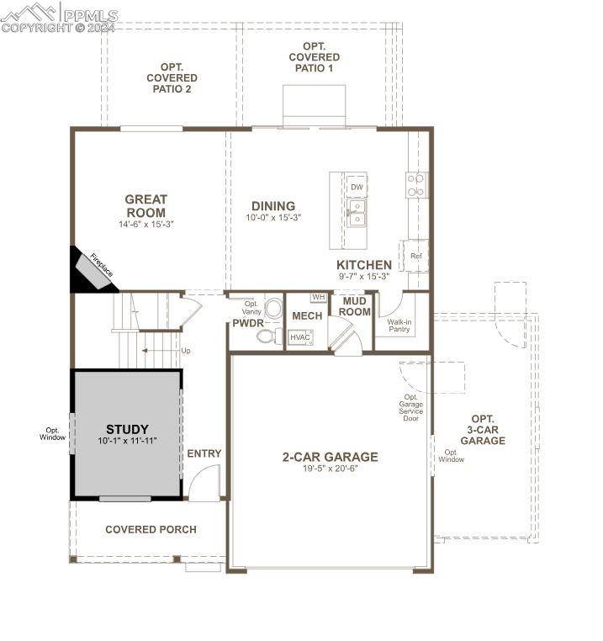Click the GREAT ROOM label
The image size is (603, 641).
[145, 206]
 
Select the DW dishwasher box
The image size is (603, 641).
[357, 187]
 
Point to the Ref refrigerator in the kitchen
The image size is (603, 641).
[415, 256]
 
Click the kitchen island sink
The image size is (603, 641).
[357, 214]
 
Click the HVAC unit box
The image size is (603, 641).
[299, 337]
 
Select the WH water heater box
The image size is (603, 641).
[318, 297]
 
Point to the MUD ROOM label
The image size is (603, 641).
[354, 306]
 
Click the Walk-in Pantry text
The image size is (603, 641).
[399, 325]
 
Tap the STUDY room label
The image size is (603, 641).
[127, 429]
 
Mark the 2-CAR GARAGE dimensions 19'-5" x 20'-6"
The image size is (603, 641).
[330, 469]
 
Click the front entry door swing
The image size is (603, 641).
[203, 485]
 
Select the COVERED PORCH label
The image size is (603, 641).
[151, 529]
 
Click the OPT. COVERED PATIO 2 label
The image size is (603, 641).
[172, 77]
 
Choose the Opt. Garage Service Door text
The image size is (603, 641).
[411, 408]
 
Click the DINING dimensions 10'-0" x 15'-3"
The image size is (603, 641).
[272, 217]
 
